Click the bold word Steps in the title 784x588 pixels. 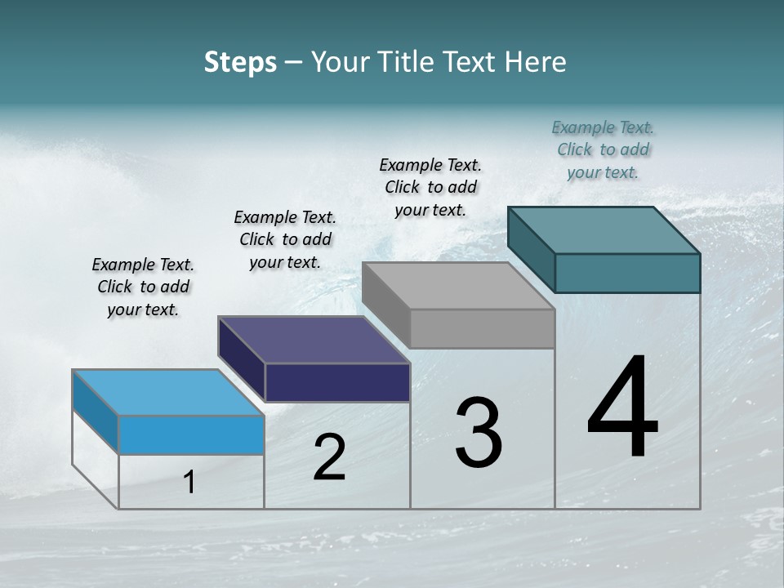point(240,62)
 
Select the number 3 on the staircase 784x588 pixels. point(479,433)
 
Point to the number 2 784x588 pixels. point(329,457)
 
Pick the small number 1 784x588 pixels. point(189,482)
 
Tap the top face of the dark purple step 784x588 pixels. point(314,339)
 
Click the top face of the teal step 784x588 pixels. point(604,229)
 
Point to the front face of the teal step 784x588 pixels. point(627,273)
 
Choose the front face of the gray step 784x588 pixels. point(482,328)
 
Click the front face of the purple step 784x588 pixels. point(337,382)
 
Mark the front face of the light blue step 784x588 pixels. point(191,434)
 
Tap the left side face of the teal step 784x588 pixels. point(531,249)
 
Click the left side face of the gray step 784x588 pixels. point(385,305)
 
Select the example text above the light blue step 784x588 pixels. point(143,287)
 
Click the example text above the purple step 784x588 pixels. point(285,239)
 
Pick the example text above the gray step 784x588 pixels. point(430,187)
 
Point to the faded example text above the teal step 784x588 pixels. point(603,149)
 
